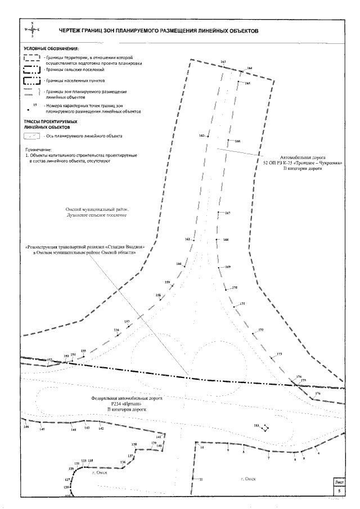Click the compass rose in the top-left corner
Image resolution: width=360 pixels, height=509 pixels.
coord(32,28)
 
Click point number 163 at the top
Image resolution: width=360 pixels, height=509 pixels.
coord(223,61)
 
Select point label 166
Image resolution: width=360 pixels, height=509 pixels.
coord(237,141)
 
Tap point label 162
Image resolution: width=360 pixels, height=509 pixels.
coord(201,136)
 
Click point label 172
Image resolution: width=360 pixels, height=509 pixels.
coord(261,330)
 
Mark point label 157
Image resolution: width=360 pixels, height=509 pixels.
coord(127,321)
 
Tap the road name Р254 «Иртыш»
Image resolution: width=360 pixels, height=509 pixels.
coord(126,404)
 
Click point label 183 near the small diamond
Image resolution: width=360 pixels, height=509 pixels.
coord(256,425)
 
